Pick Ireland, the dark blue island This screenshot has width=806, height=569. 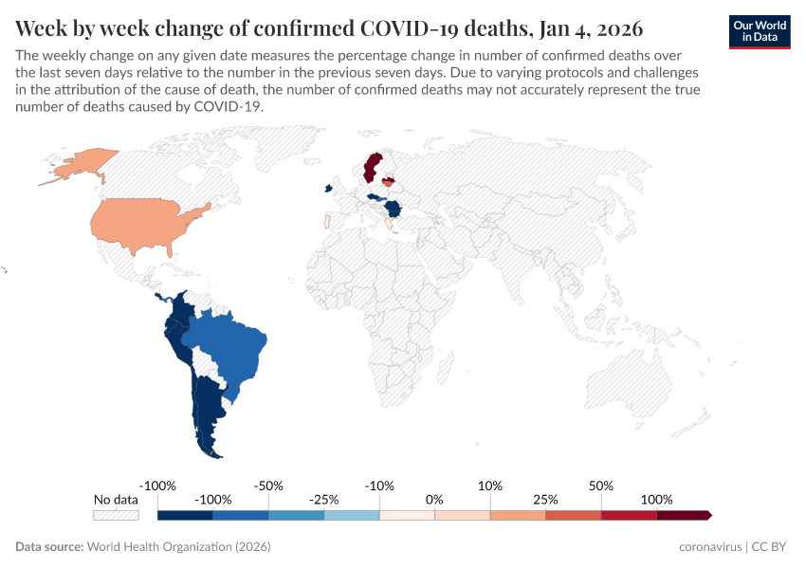tap(328, 188)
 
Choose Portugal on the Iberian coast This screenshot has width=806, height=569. tap(327, 222)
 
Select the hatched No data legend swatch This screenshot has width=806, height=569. tap(116, 515)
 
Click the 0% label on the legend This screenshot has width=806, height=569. tap(434, 500)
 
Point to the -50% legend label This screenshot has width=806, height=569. tap(269, 486)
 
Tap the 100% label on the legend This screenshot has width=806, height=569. tap(656, 500)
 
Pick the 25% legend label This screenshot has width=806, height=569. tap(545, 500)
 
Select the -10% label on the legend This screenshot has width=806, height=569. tap(380, 486)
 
